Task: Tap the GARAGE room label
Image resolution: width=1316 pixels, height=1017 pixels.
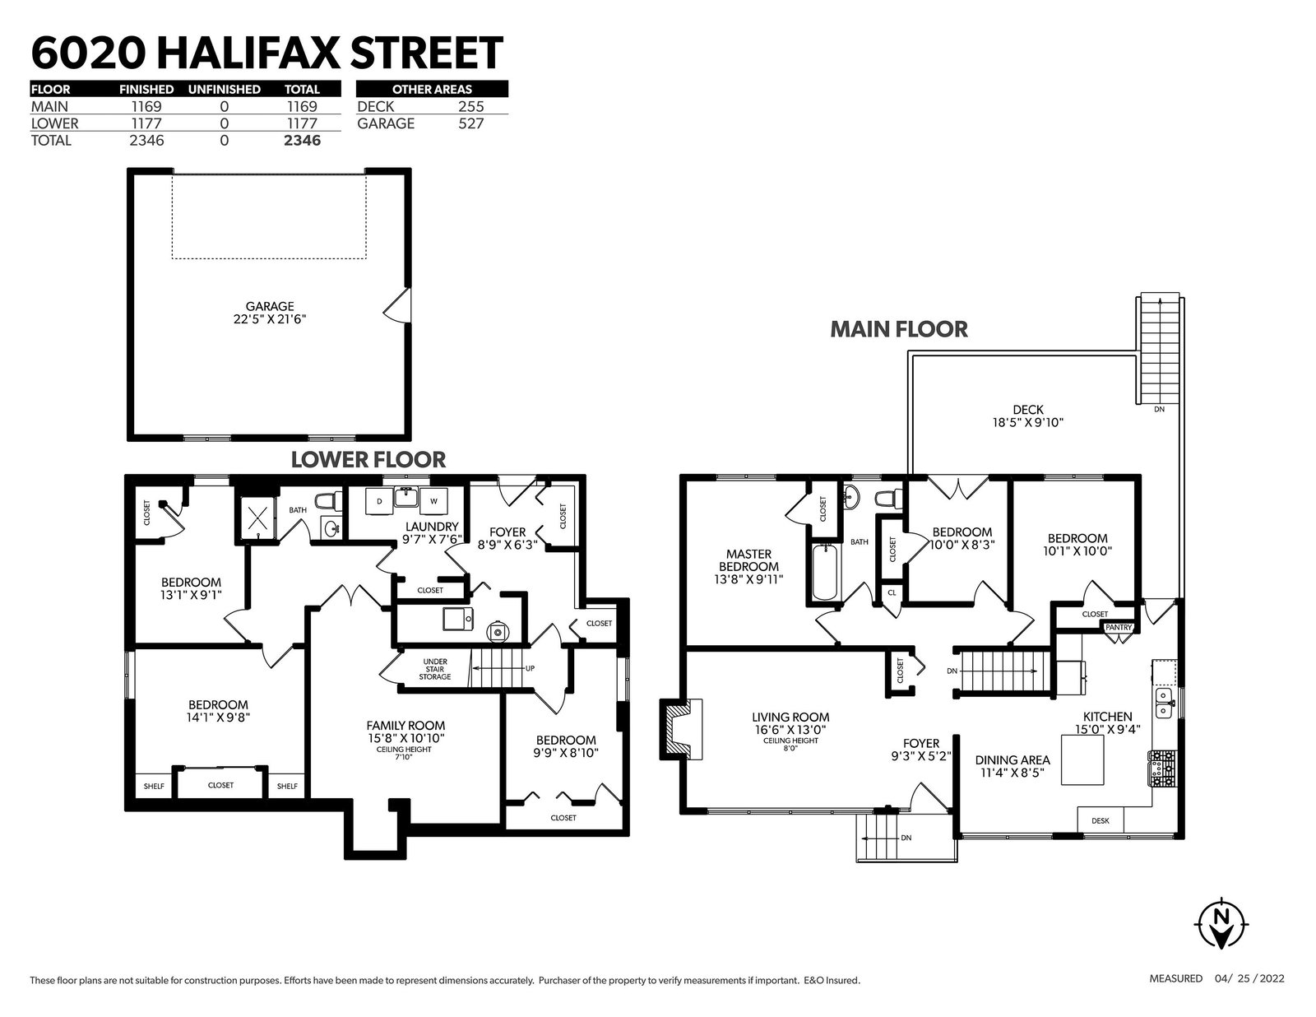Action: pyautogui.click(x=270, y=306)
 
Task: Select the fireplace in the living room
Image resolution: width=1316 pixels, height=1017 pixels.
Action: pyautogui.click(x=681, y=729)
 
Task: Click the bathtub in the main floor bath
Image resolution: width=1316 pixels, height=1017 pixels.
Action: pyautogui.click(x=824, y=571)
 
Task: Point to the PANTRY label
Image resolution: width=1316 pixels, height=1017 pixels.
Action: pyautogui.click(x=1118, y=627)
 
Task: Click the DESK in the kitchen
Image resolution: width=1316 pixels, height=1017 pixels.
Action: pyautogui.click(x=1101, y=820)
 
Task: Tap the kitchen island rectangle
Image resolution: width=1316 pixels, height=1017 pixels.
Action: pyautogui.click(x=1082, y=759)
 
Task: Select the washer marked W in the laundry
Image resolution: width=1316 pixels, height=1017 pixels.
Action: pyautogui.click(x=433, y=502)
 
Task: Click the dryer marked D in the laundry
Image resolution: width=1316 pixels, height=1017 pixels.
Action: pyautogui.click(x=380, y=502)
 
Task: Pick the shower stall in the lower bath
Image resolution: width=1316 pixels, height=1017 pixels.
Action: pyautogui.click(x=258, y=518)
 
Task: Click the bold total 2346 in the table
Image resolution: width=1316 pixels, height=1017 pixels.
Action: pyautogui.click(x=302, y=141)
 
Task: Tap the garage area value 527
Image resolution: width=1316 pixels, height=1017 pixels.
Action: pyautogui.click(x=471, y=123)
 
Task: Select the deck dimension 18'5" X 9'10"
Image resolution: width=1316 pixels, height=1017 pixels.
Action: pyautogui.click(x=1028, y=422)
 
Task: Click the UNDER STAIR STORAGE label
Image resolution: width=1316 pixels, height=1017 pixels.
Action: pyautogui.click(x=435, y=669)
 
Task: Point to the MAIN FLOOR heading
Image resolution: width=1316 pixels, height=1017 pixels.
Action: pyautogui.click(x=899, y=329)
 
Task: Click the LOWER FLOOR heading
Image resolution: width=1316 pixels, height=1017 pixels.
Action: pyautogui.click(x=368, y=460)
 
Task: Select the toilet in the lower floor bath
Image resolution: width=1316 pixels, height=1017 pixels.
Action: pyautogui.click(x=327, y=501)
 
